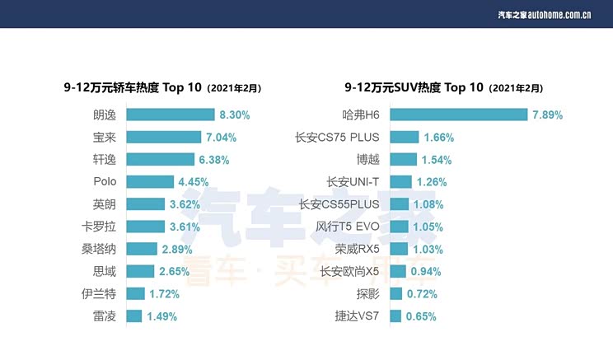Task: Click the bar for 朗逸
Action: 170,115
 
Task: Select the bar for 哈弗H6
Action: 458,115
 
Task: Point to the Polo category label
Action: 105,181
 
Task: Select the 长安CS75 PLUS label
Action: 337,137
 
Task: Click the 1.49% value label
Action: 161,316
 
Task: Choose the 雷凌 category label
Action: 105,316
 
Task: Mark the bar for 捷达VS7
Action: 395,316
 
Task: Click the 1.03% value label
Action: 429,249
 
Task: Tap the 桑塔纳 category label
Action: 99,249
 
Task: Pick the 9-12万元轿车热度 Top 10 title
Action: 157,87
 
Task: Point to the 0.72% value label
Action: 421,293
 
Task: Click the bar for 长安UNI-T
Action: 400,181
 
